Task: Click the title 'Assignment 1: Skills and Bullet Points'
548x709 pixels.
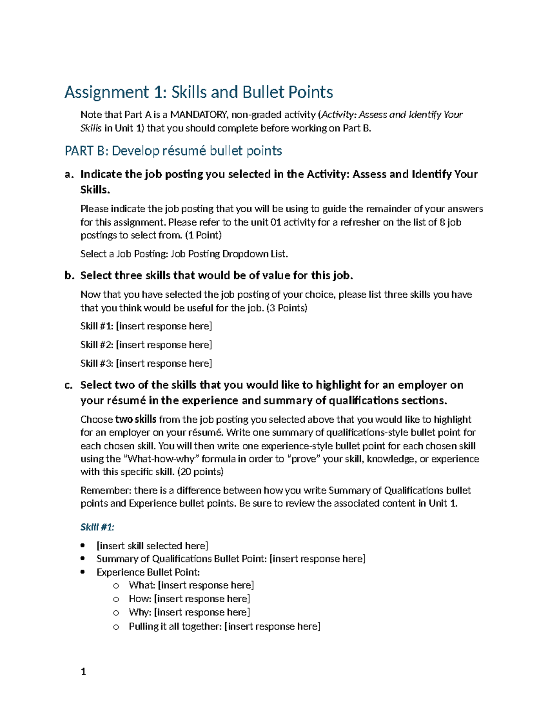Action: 199,92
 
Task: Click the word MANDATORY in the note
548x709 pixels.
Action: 197,115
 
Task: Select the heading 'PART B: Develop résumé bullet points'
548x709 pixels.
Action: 173,151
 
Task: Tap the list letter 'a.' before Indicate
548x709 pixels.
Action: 69,174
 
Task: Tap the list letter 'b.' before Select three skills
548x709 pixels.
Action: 69,276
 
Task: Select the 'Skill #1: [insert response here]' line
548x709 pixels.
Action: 146,326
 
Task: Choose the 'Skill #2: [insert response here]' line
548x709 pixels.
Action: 146,345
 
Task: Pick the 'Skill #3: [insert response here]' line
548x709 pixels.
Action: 146,364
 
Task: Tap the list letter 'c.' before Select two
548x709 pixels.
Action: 69,385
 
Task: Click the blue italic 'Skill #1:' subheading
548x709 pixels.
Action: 97,527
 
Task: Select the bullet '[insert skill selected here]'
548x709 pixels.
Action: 152,546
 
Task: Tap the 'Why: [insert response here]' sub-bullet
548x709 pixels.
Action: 189,613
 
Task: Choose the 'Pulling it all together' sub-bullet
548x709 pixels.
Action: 224,627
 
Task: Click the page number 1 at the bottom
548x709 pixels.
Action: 83,672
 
